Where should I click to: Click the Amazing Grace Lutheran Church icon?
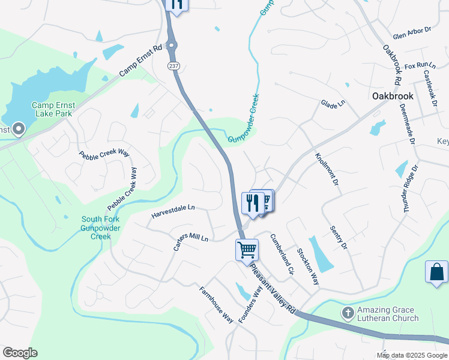tap(348, 313)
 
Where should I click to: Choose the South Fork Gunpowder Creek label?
tap(101, 227)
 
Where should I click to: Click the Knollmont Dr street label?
tap(327, 173)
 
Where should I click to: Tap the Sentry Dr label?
tap(339, 238)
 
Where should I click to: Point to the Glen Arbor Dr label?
tap(412, 32)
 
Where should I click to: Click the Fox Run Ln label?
tap(419, 65)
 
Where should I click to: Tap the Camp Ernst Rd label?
tap(141, 61)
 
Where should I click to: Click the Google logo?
tap(20, 353)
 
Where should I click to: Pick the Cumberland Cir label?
tap(282, 254)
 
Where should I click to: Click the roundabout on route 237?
tap(172, 44)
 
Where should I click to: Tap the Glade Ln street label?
tap(333, 104)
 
